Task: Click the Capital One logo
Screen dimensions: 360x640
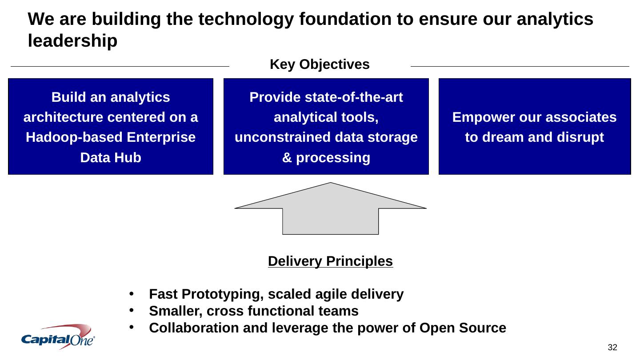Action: point(58,336)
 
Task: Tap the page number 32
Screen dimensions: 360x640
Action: point(613,347)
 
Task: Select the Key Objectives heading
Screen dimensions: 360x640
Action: point(320,65)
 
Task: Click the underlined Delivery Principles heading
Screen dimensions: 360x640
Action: point(330,261)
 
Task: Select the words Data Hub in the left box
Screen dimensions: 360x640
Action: point(111,157)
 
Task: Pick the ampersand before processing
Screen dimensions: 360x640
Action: point(287,157)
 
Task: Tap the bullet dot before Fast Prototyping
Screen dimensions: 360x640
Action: point(132,294)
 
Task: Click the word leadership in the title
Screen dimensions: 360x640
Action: point(72,41)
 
